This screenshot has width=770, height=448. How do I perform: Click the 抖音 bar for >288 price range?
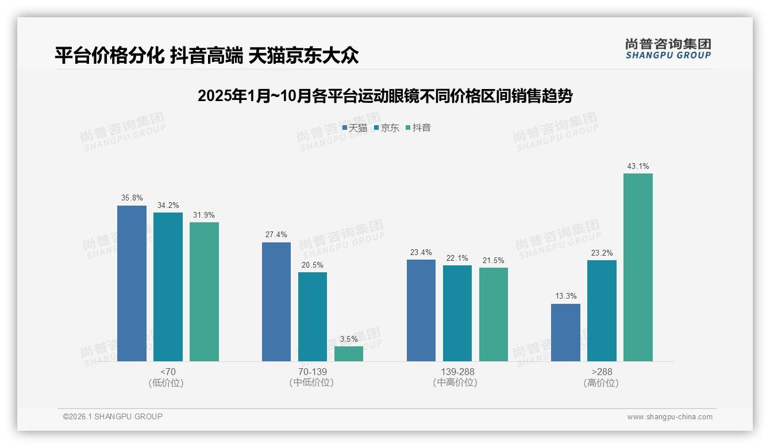click(638, 267)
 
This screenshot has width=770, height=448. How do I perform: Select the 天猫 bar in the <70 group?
click(132, 283)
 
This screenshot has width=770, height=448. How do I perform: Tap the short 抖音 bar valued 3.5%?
click(349, 354)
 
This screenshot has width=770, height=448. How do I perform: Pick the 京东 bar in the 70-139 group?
click(313, 316)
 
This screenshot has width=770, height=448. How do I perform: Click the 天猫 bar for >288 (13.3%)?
click(565, 333)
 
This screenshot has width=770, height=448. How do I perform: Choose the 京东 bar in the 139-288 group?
click(457, 313)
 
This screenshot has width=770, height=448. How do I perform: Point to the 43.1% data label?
click(638, 167)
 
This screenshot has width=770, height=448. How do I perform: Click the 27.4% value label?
click(276, 235)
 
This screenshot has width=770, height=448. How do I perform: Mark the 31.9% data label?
click(204, 215)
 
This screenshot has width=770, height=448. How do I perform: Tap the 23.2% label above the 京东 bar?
click(602, 253)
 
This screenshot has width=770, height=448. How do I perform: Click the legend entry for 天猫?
click(355, 128)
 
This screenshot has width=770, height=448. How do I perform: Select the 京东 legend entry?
click(386, 128)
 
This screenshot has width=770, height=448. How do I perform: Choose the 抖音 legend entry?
click(418, 128)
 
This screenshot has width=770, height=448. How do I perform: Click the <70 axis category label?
click(168, 372)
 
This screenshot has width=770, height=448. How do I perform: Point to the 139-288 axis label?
click(457, 372)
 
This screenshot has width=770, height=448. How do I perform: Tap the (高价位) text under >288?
click(602, 383)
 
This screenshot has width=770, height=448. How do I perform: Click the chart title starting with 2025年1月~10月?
click(385, 96)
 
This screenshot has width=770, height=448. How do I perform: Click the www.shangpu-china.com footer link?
click(669, 417)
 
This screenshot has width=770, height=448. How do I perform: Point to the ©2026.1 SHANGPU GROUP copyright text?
click(113, 416)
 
